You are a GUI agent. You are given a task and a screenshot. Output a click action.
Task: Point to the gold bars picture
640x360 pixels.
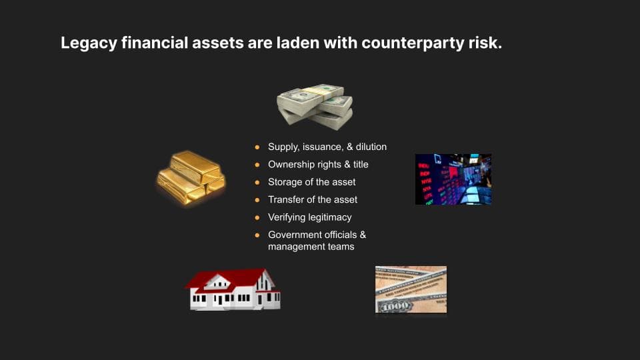(191, 177)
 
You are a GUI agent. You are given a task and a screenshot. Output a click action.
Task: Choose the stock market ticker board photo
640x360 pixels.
(453, 179)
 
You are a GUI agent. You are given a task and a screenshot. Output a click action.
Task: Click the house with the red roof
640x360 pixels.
(233, 289)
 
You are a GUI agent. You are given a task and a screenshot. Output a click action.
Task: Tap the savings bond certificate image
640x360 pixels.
(411, 289)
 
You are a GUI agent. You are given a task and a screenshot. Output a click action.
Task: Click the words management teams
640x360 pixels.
(311, 247)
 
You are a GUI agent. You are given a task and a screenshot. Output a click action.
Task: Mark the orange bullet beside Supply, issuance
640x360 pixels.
(257, 147)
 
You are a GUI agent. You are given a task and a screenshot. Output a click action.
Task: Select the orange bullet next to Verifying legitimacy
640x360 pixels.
(257, 217)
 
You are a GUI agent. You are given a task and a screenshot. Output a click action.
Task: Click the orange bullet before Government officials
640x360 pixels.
(257, 235)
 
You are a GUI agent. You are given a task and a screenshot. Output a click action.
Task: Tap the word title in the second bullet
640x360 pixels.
(356, 164)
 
